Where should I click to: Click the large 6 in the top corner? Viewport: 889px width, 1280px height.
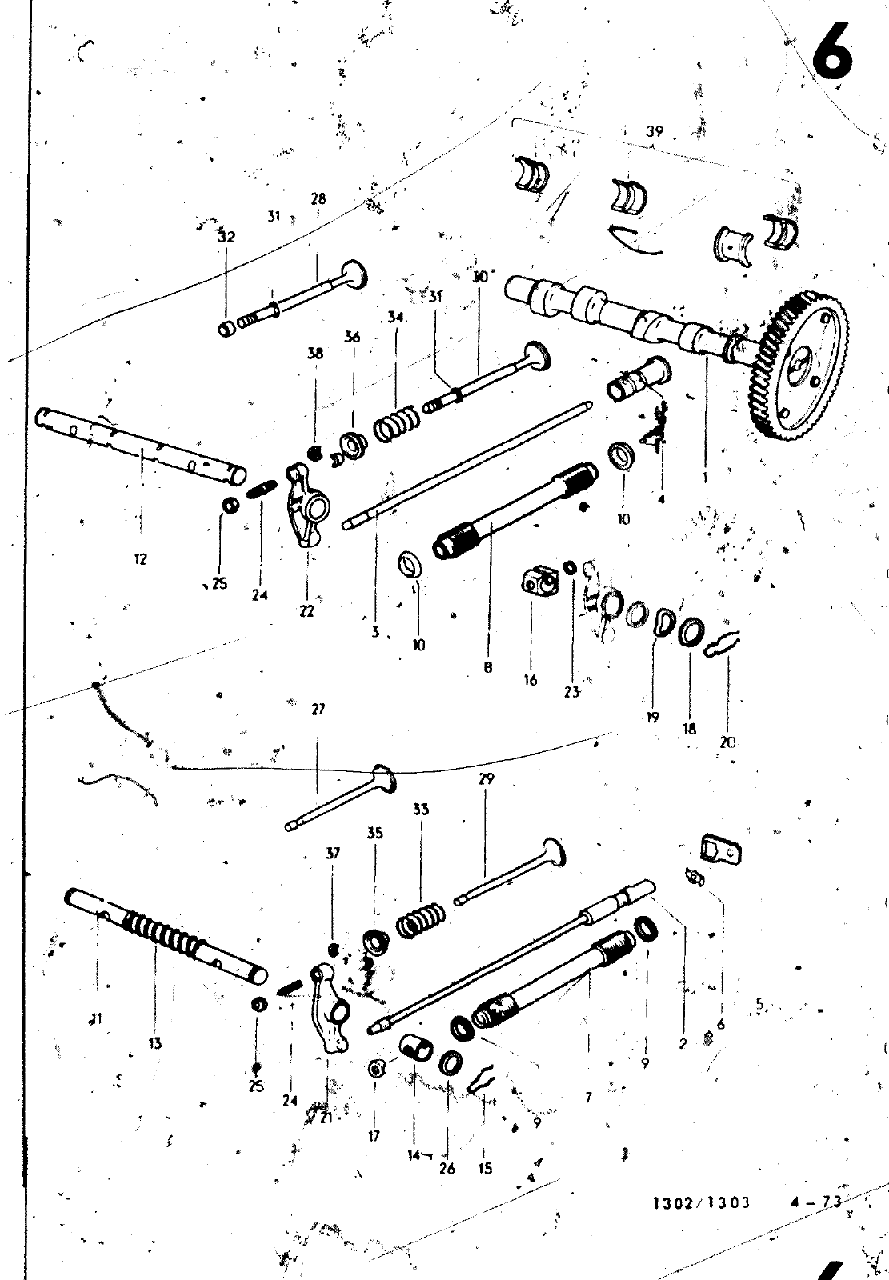(832, 52)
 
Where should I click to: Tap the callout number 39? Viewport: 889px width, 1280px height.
(655, 132)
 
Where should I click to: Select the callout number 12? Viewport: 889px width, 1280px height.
(141, 559)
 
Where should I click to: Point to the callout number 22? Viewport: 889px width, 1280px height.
(307, 612)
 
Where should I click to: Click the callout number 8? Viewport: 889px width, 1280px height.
(487, 666)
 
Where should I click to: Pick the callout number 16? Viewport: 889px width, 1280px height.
(531, 681)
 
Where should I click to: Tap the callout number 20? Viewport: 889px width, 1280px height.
(727, 742)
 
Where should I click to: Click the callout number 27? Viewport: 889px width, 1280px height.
(318, 709)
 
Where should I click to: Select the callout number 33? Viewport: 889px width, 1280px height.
(421, 809)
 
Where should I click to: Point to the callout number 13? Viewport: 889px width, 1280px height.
(154, 1042)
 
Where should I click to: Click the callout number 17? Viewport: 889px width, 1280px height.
(374, 1135)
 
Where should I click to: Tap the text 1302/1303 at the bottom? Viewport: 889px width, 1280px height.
(702, 1202)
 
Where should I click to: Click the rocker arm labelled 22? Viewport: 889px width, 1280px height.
(308, 505)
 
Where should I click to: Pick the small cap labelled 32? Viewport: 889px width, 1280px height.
(226, 329)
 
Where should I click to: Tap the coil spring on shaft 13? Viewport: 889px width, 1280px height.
(164, 935)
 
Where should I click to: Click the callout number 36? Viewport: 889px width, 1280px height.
(353, 337)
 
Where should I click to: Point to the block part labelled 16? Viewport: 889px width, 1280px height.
(535, 583)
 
